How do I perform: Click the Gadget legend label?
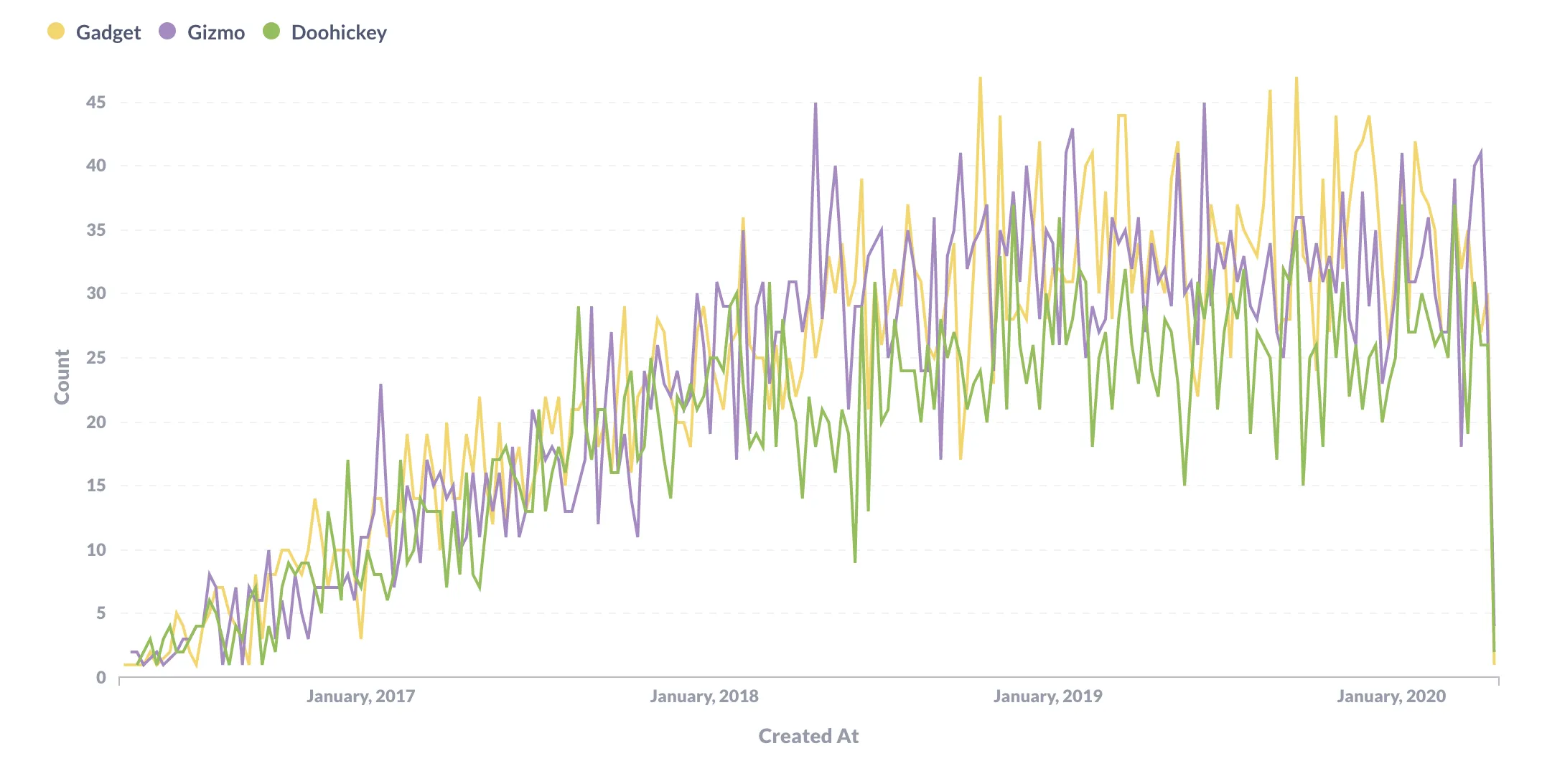coord(108,33)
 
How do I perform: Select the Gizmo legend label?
coord(215,33)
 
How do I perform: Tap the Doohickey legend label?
coord(338,33)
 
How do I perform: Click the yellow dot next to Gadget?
coord(56,32)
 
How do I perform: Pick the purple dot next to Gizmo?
coord(167,32)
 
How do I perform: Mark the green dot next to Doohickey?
coord(271,32)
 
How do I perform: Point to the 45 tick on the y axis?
coord(95,103)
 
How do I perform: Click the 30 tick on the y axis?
coord(95,293)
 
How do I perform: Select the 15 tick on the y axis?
coord(95,486)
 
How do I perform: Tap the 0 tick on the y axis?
coord(101,678)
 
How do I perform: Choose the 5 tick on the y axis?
coord(101,613)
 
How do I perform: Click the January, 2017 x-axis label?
coord(360,696)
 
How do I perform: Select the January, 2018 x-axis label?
coord(704,696)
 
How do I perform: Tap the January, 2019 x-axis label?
coord(1047,696)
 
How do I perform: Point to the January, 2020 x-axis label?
coord(1391,696)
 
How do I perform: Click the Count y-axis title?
coord(62,377)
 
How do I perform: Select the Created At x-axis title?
coord(808,737)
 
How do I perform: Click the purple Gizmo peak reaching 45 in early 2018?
coord(816,104)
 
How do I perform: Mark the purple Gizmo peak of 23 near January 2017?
coord(380,386)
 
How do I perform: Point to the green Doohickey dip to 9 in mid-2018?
coord(855,562)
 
